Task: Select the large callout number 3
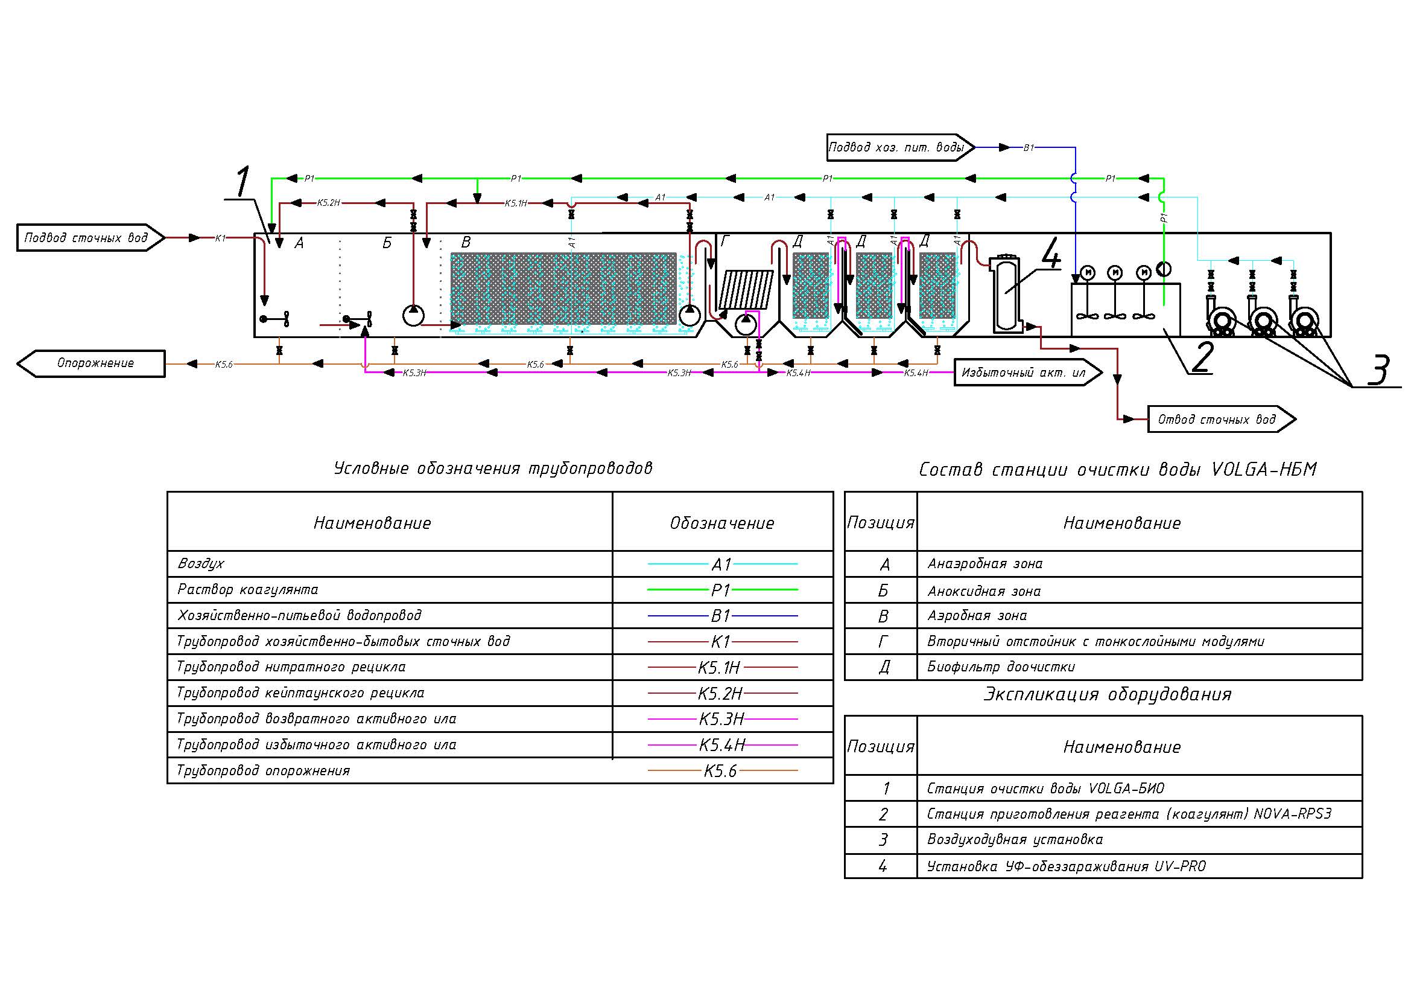coord(1379,369)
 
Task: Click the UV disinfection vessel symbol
coord(1007,294)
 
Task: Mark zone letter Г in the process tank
coord(725,242)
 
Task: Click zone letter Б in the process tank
coord(387,243)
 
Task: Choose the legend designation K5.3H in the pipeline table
coord(721,719)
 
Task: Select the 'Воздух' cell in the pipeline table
coord(201,563)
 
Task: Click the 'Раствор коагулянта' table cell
coord(248,590)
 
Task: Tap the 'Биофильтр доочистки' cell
coord(1001,667)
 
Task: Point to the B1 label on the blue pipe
coord(1029,147)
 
